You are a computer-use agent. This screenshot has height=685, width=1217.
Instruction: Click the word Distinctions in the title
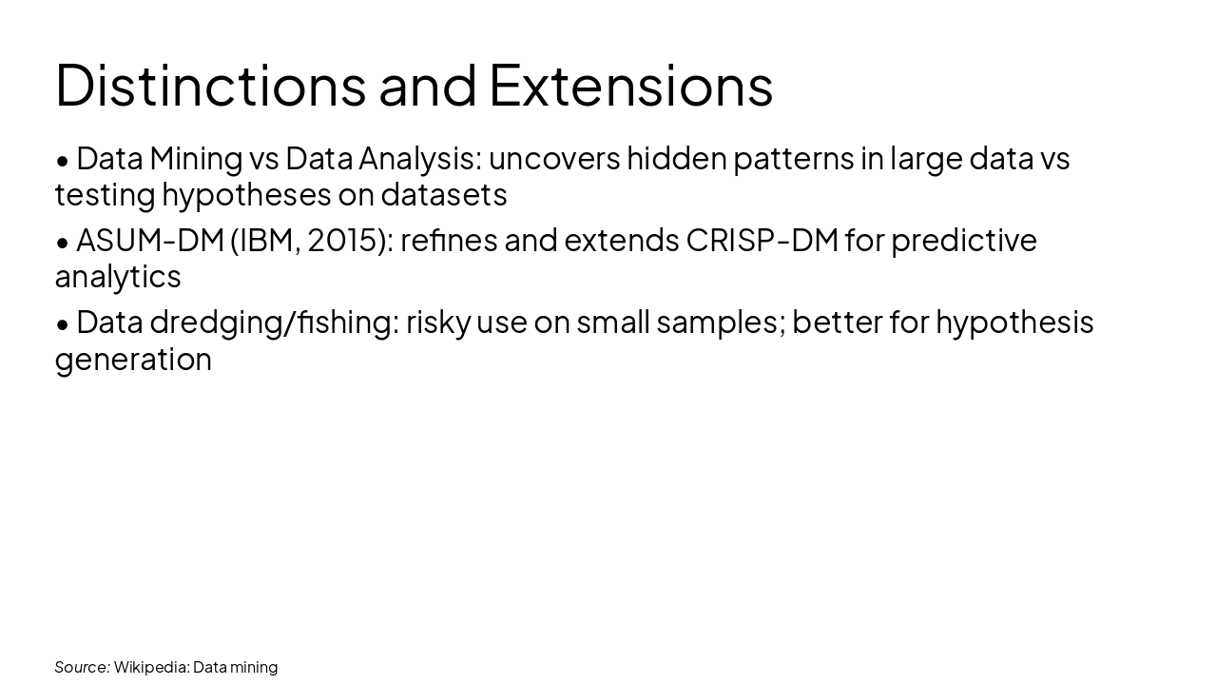pos(210,85)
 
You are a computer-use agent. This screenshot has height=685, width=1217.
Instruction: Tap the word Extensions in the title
pos(630,85)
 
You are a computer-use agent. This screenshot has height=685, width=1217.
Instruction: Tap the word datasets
pos(443,195)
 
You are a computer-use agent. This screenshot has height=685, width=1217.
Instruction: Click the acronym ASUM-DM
pos(149,240)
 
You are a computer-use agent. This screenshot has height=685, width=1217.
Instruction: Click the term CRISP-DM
pos(762,240)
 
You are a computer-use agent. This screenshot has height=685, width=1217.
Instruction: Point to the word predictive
pos(963,240)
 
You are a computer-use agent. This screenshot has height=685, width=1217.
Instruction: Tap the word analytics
pos(117,277)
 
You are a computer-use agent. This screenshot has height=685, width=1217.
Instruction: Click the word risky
pos(438,323)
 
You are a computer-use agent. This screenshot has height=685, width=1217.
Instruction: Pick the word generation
pos(133,360)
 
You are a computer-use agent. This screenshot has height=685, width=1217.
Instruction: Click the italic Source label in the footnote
pos(82,667)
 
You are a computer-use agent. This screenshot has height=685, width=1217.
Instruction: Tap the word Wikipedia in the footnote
pos(151,667)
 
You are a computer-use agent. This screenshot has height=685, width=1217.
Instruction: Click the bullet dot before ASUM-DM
pos(63,243)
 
